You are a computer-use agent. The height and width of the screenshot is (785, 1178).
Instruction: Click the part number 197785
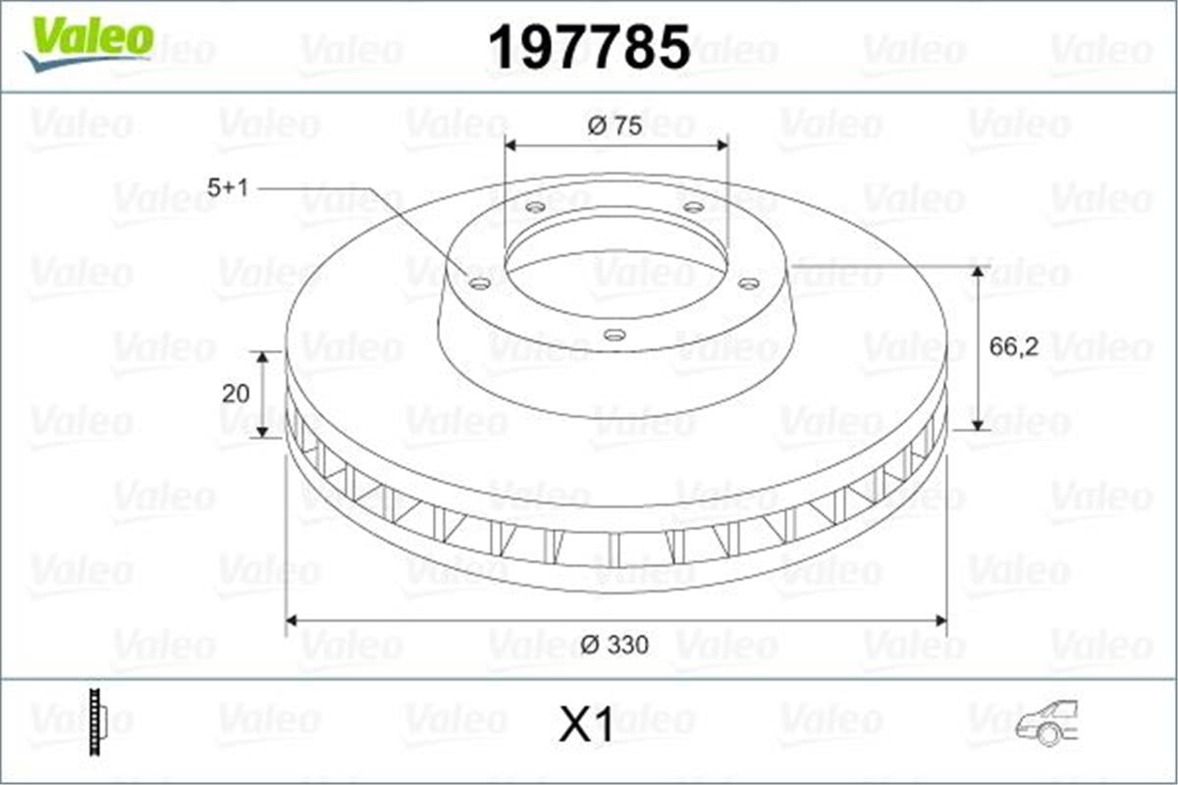(589, 47)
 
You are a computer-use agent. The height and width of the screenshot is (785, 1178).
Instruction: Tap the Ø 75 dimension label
(615, 127)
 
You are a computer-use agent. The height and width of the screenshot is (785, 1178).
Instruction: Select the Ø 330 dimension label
(615, 645)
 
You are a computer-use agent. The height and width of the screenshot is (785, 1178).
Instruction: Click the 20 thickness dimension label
(236, 393)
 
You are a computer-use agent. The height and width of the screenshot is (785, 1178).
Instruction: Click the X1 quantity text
(586, 726)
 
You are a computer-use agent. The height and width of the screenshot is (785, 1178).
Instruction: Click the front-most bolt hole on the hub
(615, 335)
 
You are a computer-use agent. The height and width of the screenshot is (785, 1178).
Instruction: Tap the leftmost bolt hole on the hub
(480, 284)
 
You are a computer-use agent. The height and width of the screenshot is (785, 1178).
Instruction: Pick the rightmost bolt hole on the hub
(748, 284)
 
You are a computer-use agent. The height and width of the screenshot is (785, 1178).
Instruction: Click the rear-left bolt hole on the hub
(535, 207)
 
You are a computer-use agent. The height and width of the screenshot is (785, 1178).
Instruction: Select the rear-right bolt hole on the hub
(693, 207)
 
